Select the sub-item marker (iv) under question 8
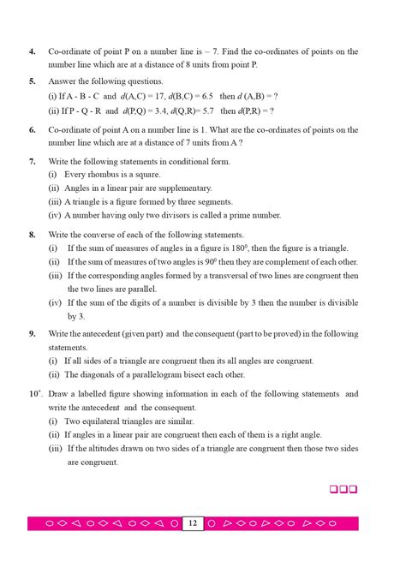tap(54, 302)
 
